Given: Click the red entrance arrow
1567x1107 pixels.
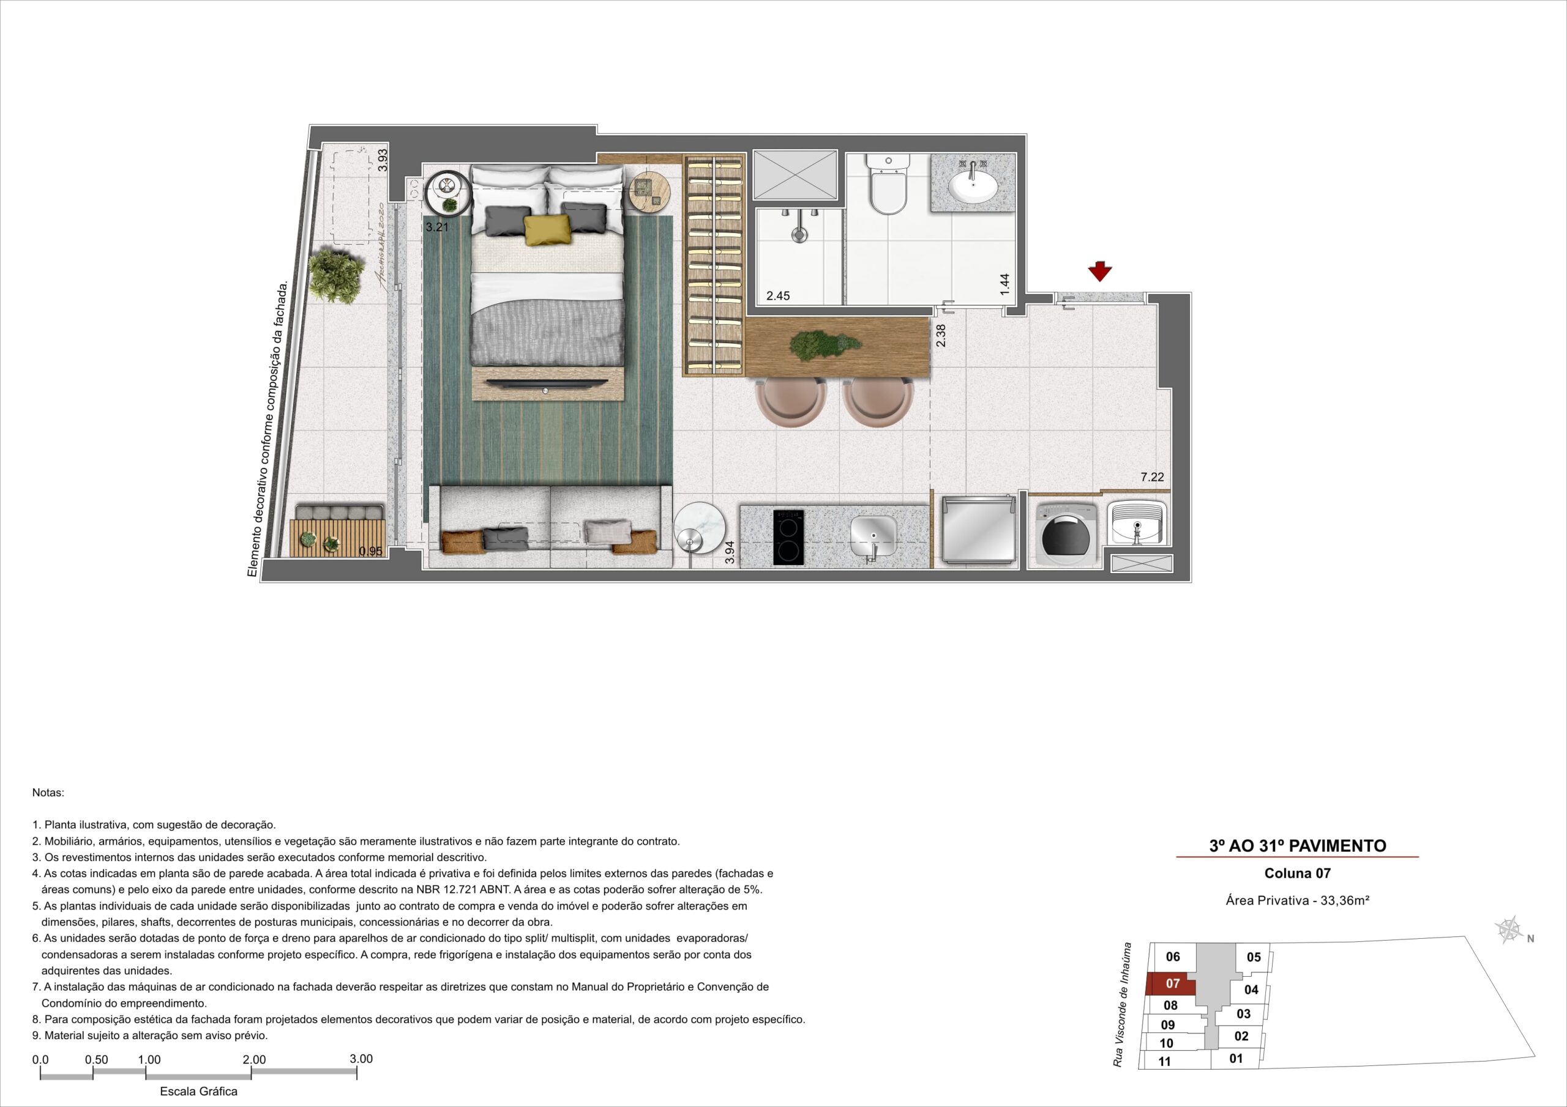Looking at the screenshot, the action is tap(1100, 272).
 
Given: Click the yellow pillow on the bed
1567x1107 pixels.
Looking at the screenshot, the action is tap(547, 229).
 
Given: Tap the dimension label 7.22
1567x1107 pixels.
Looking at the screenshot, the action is tap(1152, 478).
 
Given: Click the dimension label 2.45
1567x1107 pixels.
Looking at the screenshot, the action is tap(778, 296).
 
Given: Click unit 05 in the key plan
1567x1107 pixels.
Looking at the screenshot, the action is tap(1253, 958).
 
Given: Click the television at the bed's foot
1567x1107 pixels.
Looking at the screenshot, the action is tap(547, 383).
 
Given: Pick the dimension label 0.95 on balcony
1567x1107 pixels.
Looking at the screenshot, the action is tap(370, 551).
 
